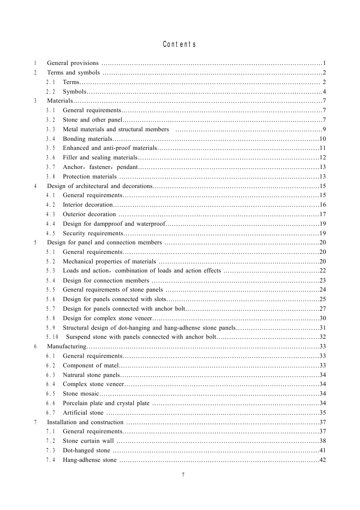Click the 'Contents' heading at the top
click(179, 45)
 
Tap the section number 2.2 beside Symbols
click(50, 92)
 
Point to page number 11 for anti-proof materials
click(323, 148)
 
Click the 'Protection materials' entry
click(89, 177)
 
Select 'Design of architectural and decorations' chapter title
click(99, 186)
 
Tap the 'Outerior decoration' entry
click(89, 214)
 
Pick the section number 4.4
click(50, 223)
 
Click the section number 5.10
click(52, 337)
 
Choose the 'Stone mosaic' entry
click(80, 393)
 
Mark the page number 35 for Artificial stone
click(323, 413)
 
